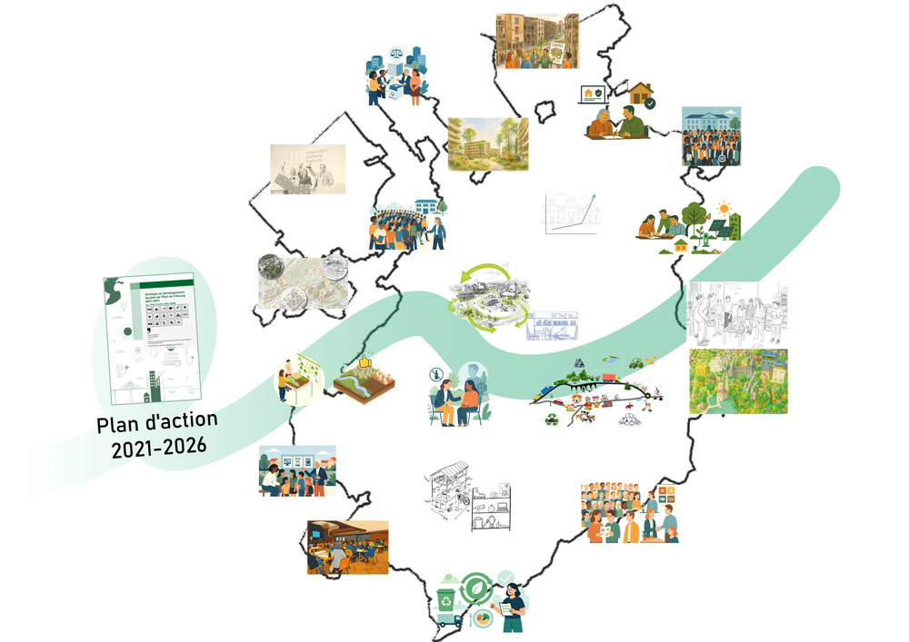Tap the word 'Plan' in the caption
[120, 424]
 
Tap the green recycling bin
[447, 600]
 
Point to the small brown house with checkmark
[642, 93]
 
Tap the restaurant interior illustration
[347, 547]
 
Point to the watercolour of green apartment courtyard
[487, 143]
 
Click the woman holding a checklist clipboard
[511, 608]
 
